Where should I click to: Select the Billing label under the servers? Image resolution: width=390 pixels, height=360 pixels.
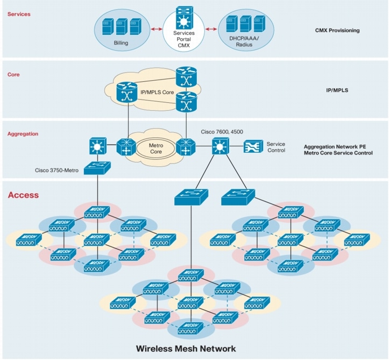point(121,43)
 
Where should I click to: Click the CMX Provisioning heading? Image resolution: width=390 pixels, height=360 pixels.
point(337,31)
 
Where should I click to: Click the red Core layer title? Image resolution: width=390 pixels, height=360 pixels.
point(13,74)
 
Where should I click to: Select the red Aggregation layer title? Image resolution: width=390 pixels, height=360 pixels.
point(23,133)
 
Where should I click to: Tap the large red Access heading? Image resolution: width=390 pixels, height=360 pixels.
point(23,195)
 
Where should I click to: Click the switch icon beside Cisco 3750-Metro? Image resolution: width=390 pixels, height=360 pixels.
point(98,167)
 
